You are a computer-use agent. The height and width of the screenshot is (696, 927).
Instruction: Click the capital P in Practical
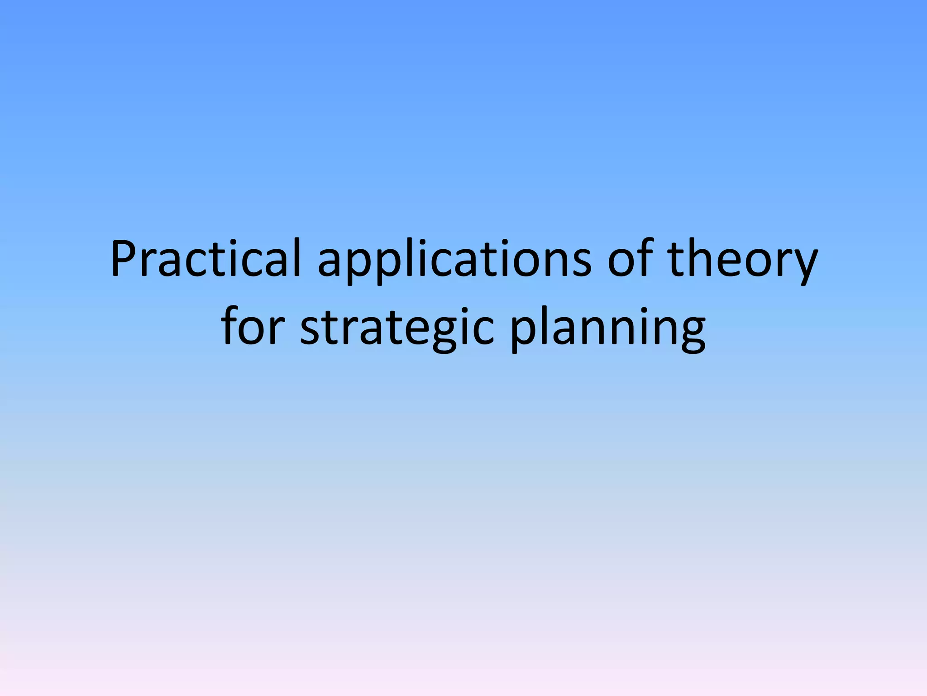point(124,258)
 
